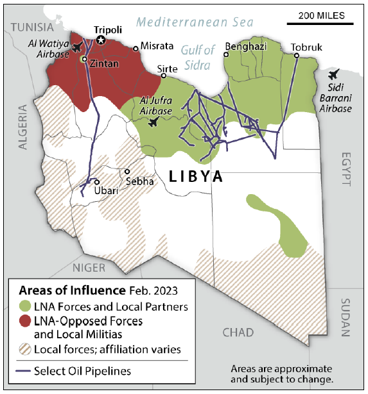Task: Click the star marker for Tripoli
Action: coord(101,40)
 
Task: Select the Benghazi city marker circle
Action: coord(226,54)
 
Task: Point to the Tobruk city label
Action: coord(306,47)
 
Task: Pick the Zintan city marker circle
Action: coord(83,58)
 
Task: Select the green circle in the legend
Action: coord(25,306)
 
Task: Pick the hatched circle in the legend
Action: coord(25,349)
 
